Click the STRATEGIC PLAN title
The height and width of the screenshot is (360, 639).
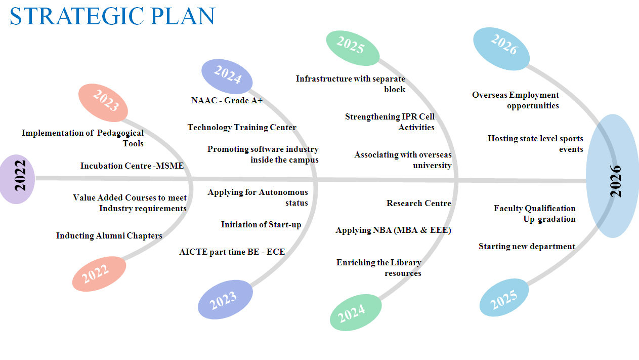tap(112, 16)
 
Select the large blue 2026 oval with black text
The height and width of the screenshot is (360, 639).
tap(613, 176)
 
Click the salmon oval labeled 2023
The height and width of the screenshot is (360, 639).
tap(103, 103)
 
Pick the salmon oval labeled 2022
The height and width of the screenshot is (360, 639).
tap(99, 273)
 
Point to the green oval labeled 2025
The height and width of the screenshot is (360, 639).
tap(352, 48)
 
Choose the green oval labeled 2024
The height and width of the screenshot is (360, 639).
tap(355, 312)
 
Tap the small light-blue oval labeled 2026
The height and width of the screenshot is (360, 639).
tap(501, 49)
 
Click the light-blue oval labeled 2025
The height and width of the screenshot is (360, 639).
tap(504, 297)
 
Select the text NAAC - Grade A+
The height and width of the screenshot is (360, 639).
tap(227, 100)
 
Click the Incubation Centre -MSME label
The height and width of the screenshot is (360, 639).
tap(132, 166)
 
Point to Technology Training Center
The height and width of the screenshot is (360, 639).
tap(242, 127)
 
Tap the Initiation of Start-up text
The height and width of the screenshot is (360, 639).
tap(261, 224)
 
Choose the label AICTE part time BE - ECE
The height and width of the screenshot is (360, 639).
tap(232, 252)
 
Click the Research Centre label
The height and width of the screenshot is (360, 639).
tap(418, 203)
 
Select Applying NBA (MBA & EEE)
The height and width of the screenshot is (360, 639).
tap(393, 230)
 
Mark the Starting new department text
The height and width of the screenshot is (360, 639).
tap(527, 246)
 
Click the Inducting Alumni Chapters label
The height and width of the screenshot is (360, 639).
tap(109, 235)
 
